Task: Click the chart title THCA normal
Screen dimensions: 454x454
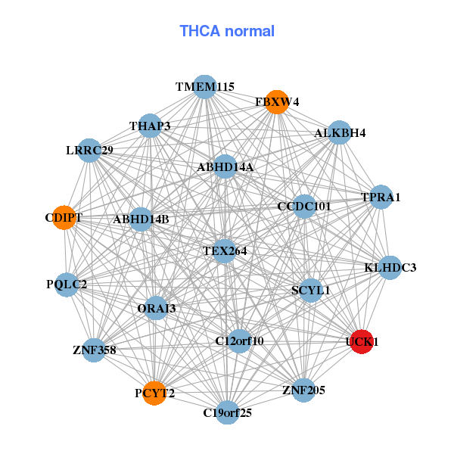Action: point(227,31)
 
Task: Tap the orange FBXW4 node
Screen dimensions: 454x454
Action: point(278,101)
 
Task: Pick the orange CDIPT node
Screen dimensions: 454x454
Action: point(64,218)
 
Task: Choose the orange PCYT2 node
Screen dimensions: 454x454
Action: point(154,393)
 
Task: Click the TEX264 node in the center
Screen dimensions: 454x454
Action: point(225,250)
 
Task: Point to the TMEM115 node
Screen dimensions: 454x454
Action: point(205,87)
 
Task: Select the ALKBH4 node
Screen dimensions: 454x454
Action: point(340,133)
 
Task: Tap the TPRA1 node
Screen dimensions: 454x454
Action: point(381,197)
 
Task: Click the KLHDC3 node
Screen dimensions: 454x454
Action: point(390,267)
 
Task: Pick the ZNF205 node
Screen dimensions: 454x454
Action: point(303,390)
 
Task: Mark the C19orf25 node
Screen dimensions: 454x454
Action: point(227,412)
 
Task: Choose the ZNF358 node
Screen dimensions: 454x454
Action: point(94,350)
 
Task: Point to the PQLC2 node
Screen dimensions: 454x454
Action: point(67,285)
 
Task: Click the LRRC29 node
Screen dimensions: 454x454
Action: point(89,151)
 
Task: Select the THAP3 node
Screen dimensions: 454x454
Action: point(150,126)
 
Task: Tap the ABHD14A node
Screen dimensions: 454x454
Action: point(225,166)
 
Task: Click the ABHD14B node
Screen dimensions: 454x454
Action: point(141,219)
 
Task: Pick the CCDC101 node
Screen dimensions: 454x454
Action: point(304,206)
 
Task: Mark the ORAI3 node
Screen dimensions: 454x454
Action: point(157,308)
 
